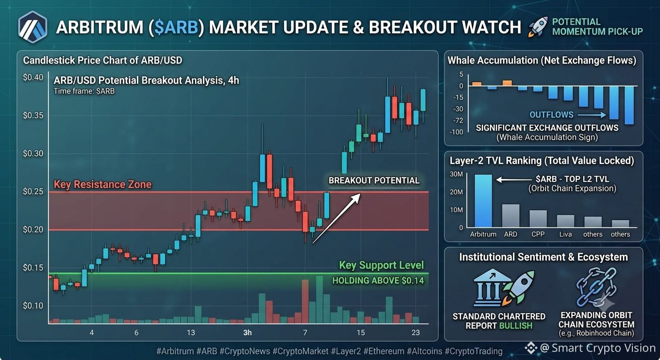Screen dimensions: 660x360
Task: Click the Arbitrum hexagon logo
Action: pos(33,27)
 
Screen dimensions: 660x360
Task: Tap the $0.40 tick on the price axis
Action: pos(33,77)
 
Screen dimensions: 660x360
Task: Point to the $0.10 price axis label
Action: pos(33,306)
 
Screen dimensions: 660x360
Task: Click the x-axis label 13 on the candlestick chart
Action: pos(191,333)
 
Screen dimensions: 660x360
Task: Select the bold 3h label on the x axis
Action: pos(247,333)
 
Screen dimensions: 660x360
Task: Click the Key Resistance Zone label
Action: pos(103,184)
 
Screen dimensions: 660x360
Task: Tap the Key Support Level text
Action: pos(381,265)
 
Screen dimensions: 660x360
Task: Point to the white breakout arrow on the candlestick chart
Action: pos(337,218)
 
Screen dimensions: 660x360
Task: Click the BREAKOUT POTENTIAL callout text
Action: pos(374,180)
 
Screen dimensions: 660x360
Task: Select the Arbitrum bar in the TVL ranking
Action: pos(483,201)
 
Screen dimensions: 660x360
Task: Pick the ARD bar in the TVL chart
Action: pos(510,216)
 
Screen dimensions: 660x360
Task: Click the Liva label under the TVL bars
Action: pos(565,234)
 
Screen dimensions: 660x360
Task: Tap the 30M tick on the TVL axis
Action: pos(456,174)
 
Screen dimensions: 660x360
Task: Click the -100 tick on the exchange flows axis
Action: pos(457,132)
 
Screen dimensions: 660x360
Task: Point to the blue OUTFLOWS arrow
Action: pos(592,115)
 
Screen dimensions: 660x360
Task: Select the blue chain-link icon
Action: pos(596,287)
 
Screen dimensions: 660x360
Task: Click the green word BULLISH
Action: pos(516,326)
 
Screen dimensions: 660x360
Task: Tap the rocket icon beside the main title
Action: pos(538,27)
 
